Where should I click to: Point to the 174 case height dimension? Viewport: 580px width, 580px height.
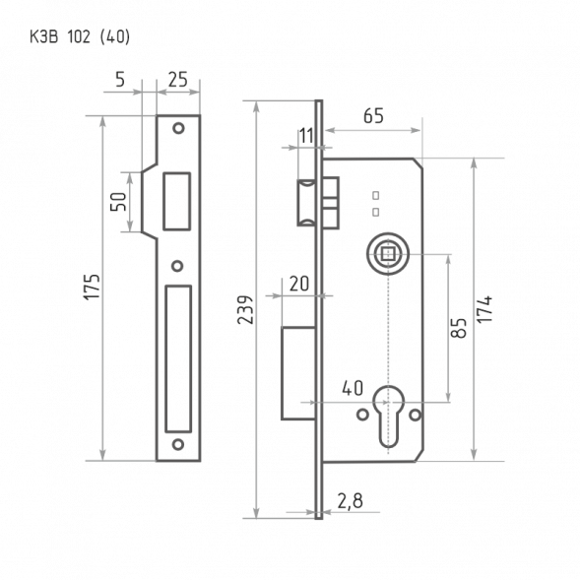click(x=486, y=309)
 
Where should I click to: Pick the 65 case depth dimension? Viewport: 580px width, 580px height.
click(x=372, y=116)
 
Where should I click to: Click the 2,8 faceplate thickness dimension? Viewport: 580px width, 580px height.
click(x=350, y=501)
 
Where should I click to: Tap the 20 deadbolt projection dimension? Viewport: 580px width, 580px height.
click(x=298, y=284)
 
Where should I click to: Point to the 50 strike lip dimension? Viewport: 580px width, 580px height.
click(x=118, y=202)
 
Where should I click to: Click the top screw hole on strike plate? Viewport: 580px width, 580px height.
click(x=178, y=128)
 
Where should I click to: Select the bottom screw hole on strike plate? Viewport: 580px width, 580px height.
click(x=178, y=445)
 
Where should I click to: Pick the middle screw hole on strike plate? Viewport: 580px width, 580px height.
click(x=178, y=266)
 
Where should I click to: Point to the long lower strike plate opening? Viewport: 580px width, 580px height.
click(x=179, y=358)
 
